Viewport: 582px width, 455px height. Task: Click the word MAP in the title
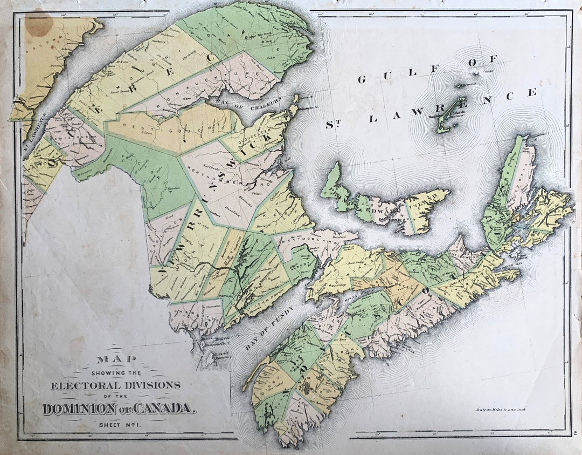(x=117, y=359)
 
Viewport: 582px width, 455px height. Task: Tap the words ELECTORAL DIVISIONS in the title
(x=116, y=385)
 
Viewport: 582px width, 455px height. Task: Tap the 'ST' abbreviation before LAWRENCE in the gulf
(x=335, y=124)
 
